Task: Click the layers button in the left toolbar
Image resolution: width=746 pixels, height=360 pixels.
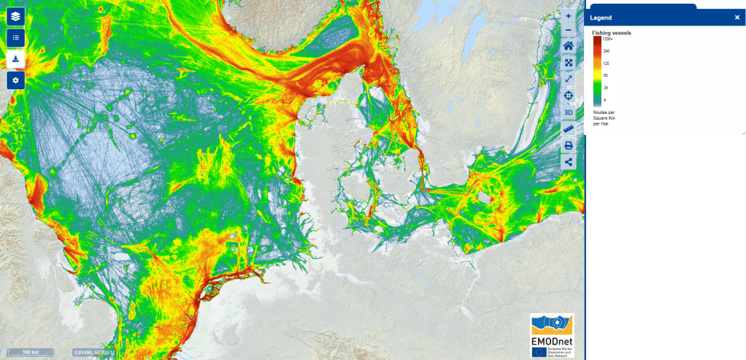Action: [x=15, y=16]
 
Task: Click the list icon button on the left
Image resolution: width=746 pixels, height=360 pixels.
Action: [x=15, y=37]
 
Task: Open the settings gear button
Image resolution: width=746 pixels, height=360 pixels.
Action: [x=15, y=80]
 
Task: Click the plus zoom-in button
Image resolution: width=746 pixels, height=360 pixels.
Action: [x=569, y=15]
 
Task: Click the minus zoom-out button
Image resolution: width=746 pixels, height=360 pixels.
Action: [x=569, y=30]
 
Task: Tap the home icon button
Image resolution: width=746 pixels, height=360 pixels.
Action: [x=569, y=46]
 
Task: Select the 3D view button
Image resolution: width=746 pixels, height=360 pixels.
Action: [x=569, y=112]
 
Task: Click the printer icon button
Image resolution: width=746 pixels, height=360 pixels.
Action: [x=569, y=145]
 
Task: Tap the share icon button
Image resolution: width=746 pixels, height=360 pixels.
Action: [x=569, y=162]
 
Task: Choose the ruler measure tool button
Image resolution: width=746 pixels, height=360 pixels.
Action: [x=569, y=129]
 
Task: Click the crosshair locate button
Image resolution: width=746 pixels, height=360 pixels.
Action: [x=569, y=96]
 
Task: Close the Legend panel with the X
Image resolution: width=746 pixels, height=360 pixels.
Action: [x=737, y=18]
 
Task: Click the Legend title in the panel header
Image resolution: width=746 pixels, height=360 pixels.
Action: [x=601, y=18]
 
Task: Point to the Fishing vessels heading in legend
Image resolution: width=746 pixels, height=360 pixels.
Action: [x=612, y=33]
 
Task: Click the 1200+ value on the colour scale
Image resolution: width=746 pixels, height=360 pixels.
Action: [x=607, y=39]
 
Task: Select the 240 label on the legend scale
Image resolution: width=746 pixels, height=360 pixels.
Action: [x=606, y=51]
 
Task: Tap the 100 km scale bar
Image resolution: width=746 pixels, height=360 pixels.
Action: [x=31, y=352]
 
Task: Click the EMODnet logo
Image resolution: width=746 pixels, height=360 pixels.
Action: [x=552, y=336]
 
